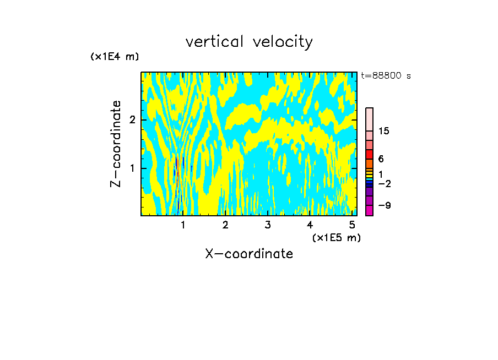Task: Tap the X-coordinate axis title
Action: tap(249, 254)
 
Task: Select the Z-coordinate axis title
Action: tap(116, 144)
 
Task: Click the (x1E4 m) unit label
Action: tap(115, 57)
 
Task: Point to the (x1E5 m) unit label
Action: tap(336, 237)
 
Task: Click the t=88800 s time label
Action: tap(386, 76)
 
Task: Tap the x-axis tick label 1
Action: tap(183, 225)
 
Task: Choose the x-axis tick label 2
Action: tap(225, 225)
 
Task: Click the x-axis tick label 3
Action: tap(268, 225)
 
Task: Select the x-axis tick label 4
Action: tap(310, 225)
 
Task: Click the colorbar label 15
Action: tap(384, 131)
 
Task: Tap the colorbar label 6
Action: tap(381, 159)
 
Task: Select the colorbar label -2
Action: tap(385, 183)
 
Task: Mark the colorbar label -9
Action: tap(385, 205)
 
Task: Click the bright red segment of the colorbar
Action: tap(369, 154)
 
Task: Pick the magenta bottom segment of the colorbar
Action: tap(369, 210)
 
